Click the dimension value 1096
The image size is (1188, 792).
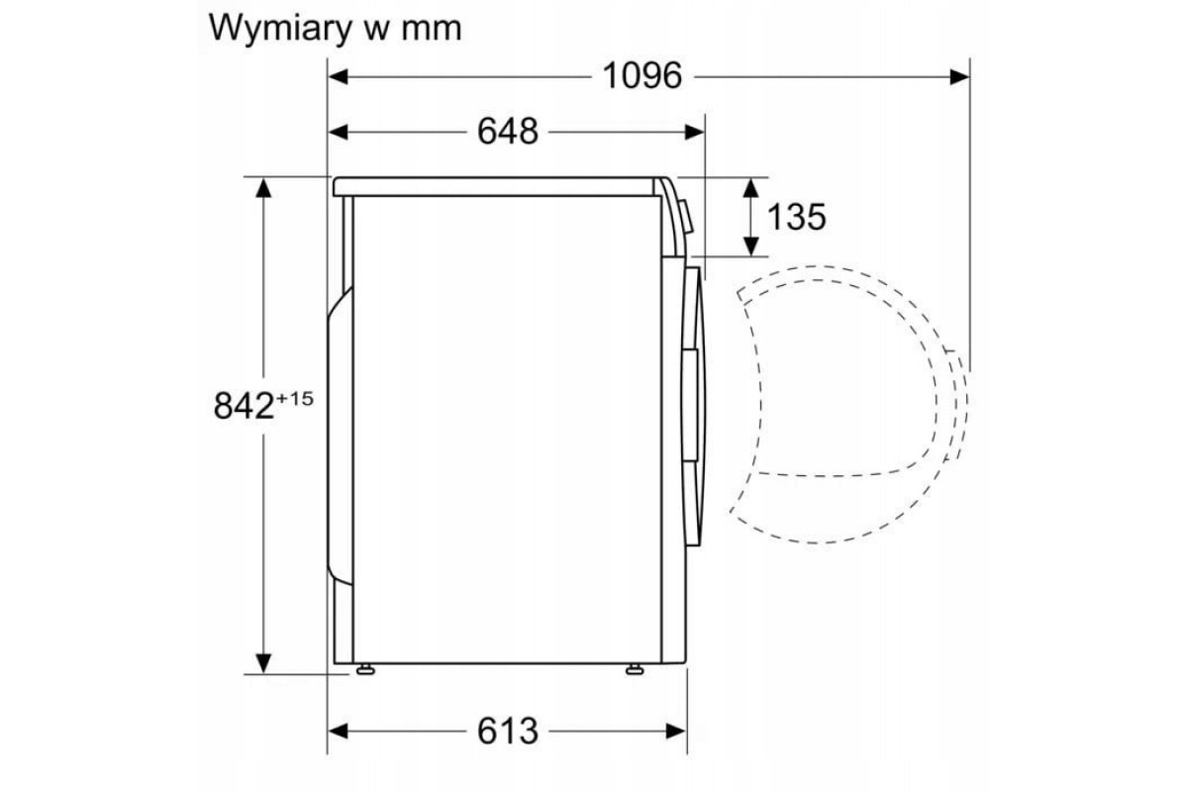pyautogui.click(x=643, y=75)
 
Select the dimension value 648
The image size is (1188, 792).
pyautogui.click(x=508, y=131)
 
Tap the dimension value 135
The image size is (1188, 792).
pyautogui.click(x=795, y=216)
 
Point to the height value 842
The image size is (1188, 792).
pyautogui.click(x=244, y=405)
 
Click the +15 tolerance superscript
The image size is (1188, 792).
pyautogui.click(x=294, y=398)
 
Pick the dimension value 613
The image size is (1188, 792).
pyautogui.click(x=508, y=731)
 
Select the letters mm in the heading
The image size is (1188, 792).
pyautogui.click(x=432, y=29)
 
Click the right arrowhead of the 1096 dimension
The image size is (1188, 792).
pyautogui.click(x=959, y=75)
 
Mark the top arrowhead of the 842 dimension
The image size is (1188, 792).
pyautogui.click(x=263, y=187)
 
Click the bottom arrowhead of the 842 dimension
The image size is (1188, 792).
pyautogui.click(x=263, y=663)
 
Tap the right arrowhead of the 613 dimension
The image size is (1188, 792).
pyautogui.click(x=677, y=731)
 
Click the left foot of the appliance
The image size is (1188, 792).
pyautogui.click(x=365, y=670)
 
